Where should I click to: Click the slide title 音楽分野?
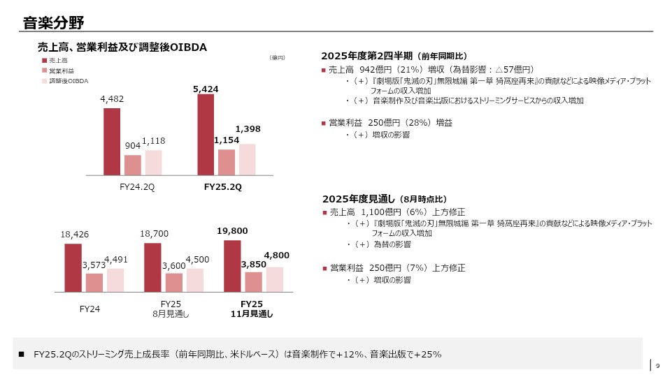click(53, 22)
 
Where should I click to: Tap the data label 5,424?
click(206, 89)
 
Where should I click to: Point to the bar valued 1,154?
click(227, 162)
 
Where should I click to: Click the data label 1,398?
click(248, 129)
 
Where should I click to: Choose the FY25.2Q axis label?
click(222, 187)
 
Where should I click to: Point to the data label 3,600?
click(173, 266)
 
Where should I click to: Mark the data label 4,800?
click(276, 256)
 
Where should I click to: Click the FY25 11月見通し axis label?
click(252, 309)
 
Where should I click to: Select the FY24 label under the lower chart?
click(90, 309)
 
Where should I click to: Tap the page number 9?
click(658, 364)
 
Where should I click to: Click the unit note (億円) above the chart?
click(278, 58)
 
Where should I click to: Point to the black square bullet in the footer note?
click(22, 355)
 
